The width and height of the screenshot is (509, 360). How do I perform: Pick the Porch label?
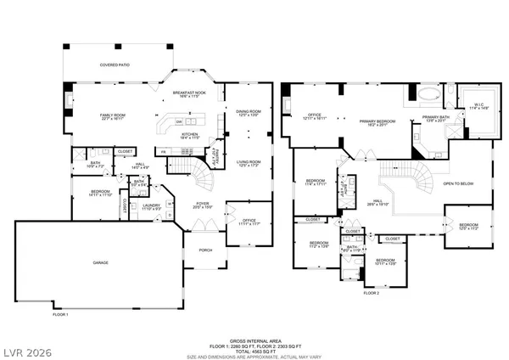[x=204, y=250]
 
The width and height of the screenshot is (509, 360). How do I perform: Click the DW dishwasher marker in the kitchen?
[x=180, y=121]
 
